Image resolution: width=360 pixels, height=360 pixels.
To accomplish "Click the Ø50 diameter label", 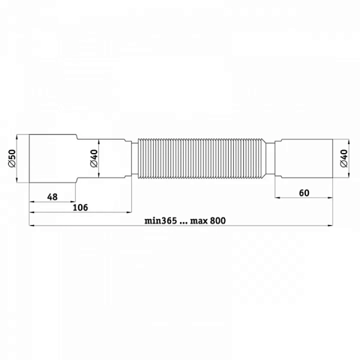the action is point(12,158).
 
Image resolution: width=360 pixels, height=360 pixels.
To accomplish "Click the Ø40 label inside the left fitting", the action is point(94,158).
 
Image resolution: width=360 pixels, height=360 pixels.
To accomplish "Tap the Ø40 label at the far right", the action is point(344,158).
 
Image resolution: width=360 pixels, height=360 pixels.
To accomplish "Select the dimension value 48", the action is point(52,197).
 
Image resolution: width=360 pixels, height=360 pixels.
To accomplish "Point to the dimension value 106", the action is point(80,208).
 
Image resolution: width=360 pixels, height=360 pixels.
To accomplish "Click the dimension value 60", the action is point(304,193).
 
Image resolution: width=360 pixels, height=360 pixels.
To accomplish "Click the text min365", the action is point(161,221).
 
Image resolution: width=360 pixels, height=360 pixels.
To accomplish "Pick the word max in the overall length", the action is point(199,221).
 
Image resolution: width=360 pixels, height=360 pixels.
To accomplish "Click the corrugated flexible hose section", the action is point(201,158).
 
